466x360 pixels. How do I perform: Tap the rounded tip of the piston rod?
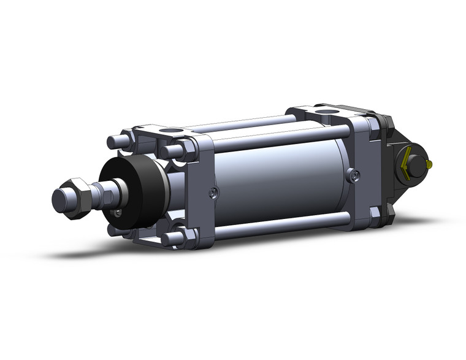59,201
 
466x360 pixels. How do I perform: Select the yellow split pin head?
431,164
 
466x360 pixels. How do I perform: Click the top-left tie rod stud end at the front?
115,142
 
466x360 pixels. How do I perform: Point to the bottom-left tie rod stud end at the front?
113,229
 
